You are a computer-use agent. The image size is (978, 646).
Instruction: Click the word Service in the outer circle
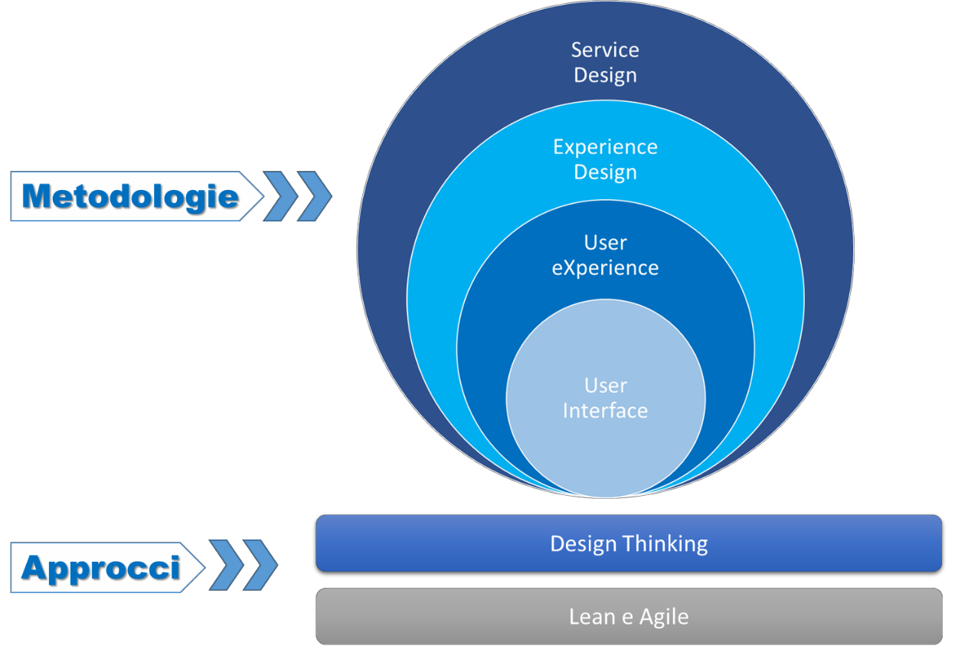tap(605, 50)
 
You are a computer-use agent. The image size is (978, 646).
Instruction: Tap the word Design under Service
tap(605, 76)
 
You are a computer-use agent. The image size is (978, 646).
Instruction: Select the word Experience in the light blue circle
tap(605, 148)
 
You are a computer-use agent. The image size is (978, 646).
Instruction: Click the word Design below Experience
tap(605, 172)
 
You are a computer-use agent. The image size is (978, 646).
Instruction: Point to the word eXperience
tap(605, 268)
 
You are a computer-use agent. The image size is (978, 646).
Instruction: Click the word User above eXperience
tap(606, 242)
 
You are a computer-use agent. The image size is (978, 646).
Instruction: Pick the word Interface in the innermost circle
tap(605, 411)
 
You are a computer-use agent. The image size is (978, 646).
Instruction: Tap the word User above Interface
tap(606, 385)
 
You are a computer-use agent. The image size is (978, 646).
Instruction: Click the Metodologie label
tap(130, 196)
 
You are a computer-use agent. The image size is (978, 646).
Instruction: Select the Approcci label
tap(101, 568)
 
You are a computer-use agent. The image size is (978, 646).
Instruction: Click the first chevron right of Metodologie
tap(280, 196)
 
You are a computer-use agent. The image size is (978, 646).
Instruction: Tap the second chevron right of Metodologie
tap(314, 196)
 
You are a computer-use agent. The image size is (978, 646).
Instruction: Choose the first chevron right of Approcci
tap(226, 566)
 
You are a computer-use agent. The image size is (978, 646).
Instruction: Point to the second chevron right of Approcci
tap(260, 566)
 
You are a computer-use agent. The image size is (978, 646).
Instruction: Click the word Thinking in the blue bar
tap(666, 544)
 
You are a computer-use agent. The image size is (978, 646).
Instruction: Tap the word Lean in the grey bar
tap(592, 617)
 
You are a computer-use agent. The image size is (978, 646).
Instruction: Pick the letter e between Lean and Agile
tap(627, 619)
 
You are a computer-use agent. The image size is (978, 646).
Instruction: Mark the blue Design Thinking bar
tap(629, 543)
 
